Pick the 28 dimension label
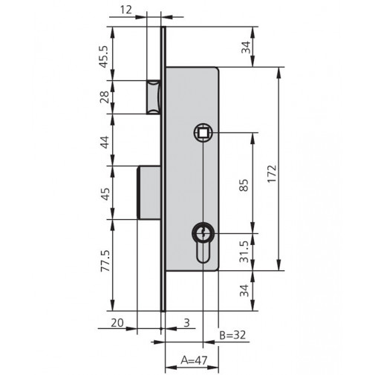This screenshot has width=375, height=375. (105, 97)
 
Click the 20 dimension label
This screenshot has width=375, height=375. (117, 322)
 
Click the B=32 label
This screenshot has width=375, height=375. (232, 335)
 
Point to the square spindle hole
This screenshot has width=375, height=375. (202, 132)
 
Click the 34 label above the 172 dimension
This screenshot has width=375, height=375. (246, 48)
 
